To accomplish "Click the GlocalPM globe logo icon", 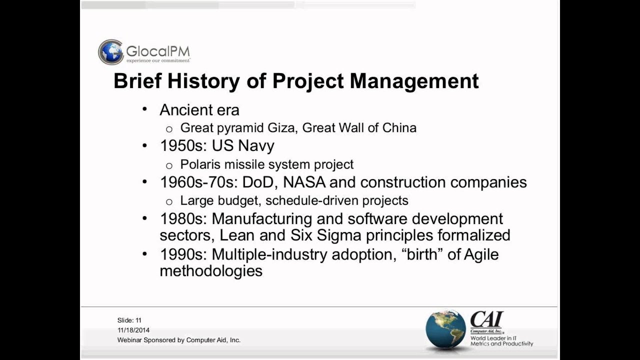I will (x=110, y=52).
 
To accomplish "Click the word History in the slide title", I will (x=203, y=81).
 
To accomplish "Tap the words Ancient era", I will (x=199, y=110).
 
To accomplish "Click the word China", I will (x=399, y=128).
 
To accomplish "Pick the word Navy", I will (x=256, y=146).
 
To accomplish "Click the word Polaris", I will (x=201, y=164).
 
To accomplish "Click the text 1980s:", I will (x=183, y=219).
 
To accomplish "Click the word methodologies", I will (x=211, y=271).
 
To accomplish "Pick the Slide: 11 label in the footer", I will (x=129, y=320).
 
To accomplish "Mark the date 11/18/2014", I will (x=133, y=330).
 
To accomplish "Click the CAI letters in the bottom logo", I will (x=486, y=319).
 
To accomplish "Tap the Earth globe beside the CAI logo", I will (x=445, y=328).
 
